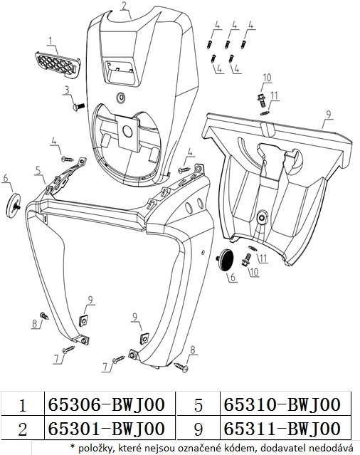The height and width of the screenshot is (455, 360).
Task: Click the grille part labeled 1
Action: (x=58, y=65)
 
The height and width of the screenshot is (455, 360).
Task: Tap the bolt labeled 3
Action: (x=78, y=107)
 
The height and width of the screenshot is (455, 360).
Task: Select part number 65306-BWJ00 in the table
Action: (x=107, y=404)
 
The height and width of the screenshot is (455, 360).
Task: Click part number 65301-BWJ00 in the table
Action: (x=107, y=429)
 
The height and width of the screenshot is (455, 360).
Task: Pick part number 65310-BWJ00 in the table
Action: (x=282, y=404)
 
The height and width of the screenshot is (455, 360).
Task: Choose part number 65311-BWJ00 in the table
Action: (x=282, y=429)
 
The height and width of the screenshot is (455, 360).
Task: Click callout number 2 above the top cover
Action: (x=124, y=6)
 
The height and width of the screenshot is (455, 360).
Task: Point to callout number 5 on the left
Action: (x=38, y=171)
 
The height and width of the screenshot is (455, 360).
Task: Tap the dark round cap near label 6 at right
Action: (x=226, y=259)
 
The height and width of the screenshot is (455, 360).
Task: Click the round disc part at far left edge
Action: (x=14, y=205)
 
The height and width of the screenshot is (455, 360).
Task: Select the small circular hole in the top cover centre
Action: (x=120, y=98)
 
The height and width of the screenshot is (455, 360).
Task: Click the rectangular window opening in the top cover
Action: (x=120, y=72)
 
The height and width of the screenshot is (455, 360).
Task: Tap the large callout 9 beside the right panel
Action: (x=328, y=115)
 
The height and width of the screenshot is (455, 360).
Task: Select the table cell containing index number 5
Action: (x=198, y=404)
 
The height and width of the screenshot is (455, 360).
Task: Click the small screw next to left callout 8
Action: (x=45, y=315)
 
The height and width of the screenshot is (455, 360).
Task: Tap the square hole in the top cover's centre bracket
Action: (x=127, y=132)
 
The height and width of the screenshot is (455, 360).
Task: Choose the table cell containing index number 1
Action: (x=23, y=404)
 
